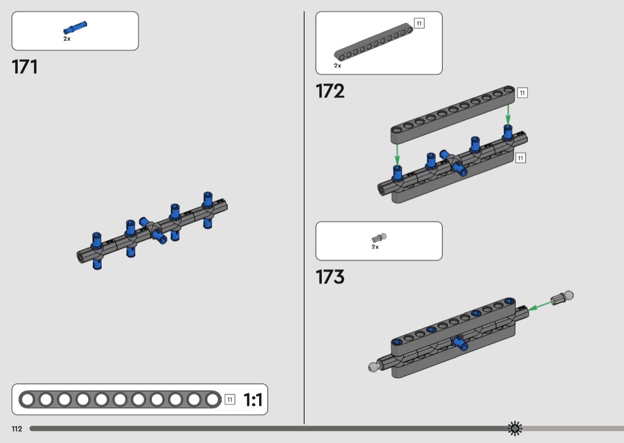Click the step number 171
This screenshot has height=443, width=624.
point(25,67)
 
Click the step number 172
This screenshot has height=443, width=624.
point(330,91)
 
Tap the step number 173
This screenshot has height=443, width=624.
point(330,277)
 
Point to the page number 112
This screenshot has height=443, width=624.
point(17,429)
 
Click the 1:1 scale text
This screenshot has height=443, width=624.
point(253,400)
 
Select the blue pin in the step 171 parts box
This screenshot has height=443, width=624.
point(75,27)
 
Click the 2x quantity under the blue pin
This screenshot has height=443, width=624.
point(67,39)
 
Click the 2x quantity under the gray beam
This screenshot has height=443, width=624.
point(338,65)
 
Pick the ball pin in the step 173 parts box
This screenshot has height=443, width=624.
point(379,238)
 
